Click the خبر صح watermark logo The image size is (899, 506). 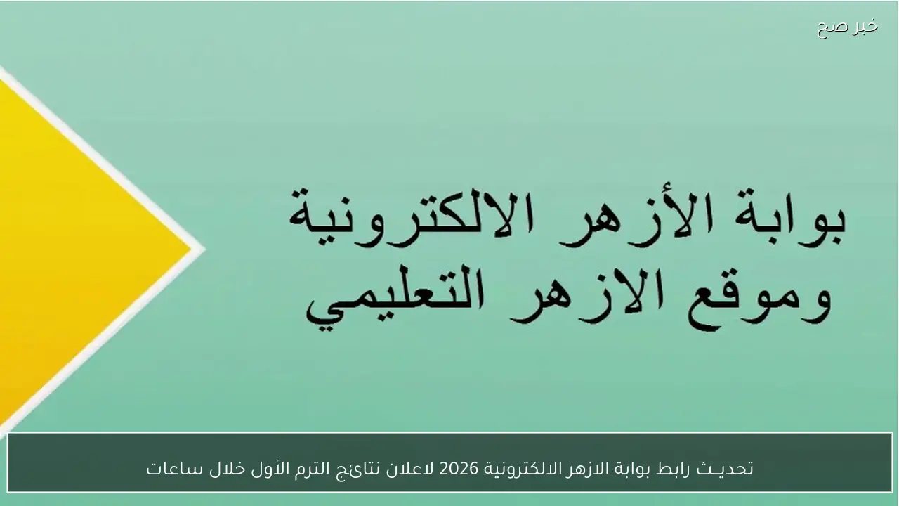(847, 27)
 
